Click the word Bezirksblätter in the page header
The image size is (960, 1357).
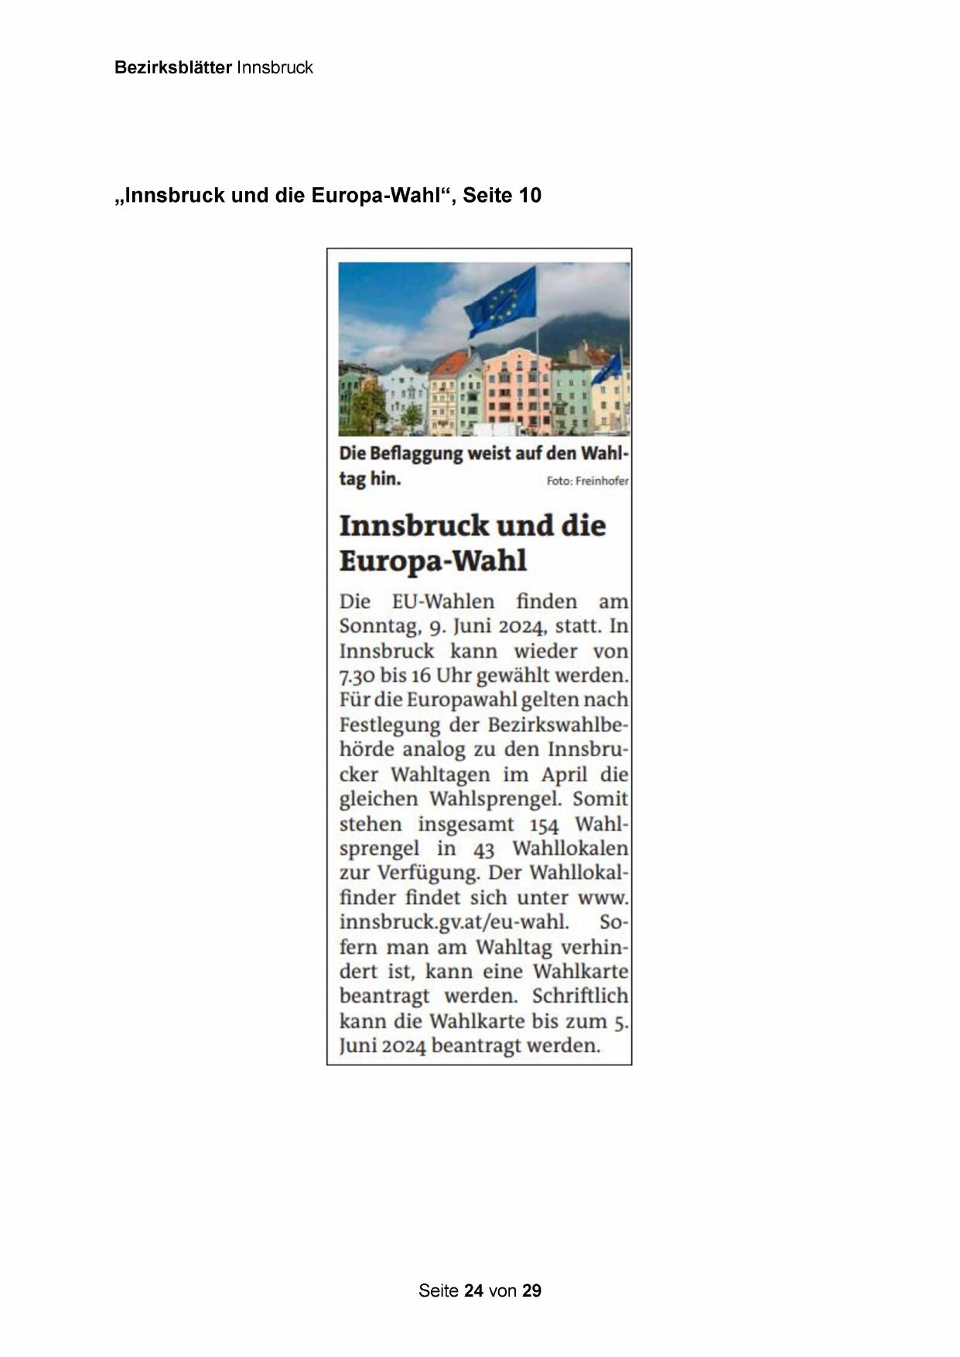point(173,67)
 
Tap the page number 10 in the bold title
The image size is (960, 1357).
point(530,196)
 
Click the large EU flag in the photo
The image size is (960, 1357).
point(501,301)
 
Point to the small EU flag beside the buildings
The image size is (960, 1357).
point(606,369)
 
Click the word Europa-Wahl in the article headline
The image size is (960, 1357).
point(432,560)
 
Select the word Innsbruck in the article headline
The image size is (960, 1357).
point(414,525)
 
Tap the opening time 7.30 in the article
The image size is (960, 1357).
point(357,675)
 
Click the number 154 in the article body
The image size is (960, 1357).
point(544,824)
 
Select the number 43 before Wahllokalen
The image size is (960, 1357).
point(483,849)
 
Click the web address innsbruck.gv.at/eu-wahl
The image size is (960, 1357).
point(454,922)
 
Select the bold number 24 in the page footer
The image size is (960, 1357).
point(474,1290)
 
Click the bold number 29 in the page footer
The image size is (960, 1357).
point(531,1290)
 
